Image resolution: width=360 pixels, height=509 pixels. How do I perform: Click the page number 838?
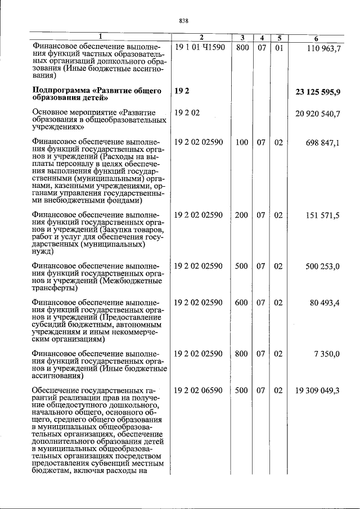(x=183, y=21)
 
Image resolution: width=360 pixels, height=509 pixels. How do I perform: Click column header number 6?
(x=317, y=38)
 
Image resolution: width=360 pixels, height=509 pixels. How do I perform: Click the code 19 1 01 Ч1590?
(x=199, y=48)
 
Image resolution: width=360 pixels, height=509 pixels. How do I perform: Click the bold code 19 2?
(x=181, y=91)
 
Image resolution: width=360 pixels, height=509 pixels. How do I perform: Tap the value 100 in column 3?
(x=242, y=143)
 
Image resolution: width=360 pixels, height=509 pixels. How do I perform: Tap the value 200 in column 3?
(x=242, y=215)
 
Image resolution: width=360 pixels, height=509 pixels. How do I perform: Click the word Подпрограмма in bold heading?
(x=62, y=91)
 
